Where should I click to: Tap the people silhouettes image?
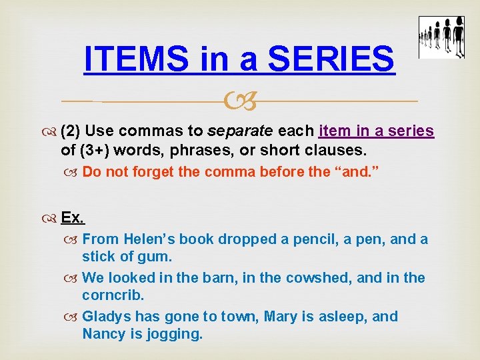(441, 37)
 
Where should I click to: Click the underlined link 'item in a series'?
(377, 131)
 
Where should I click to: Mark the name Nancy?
(105, 333)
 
